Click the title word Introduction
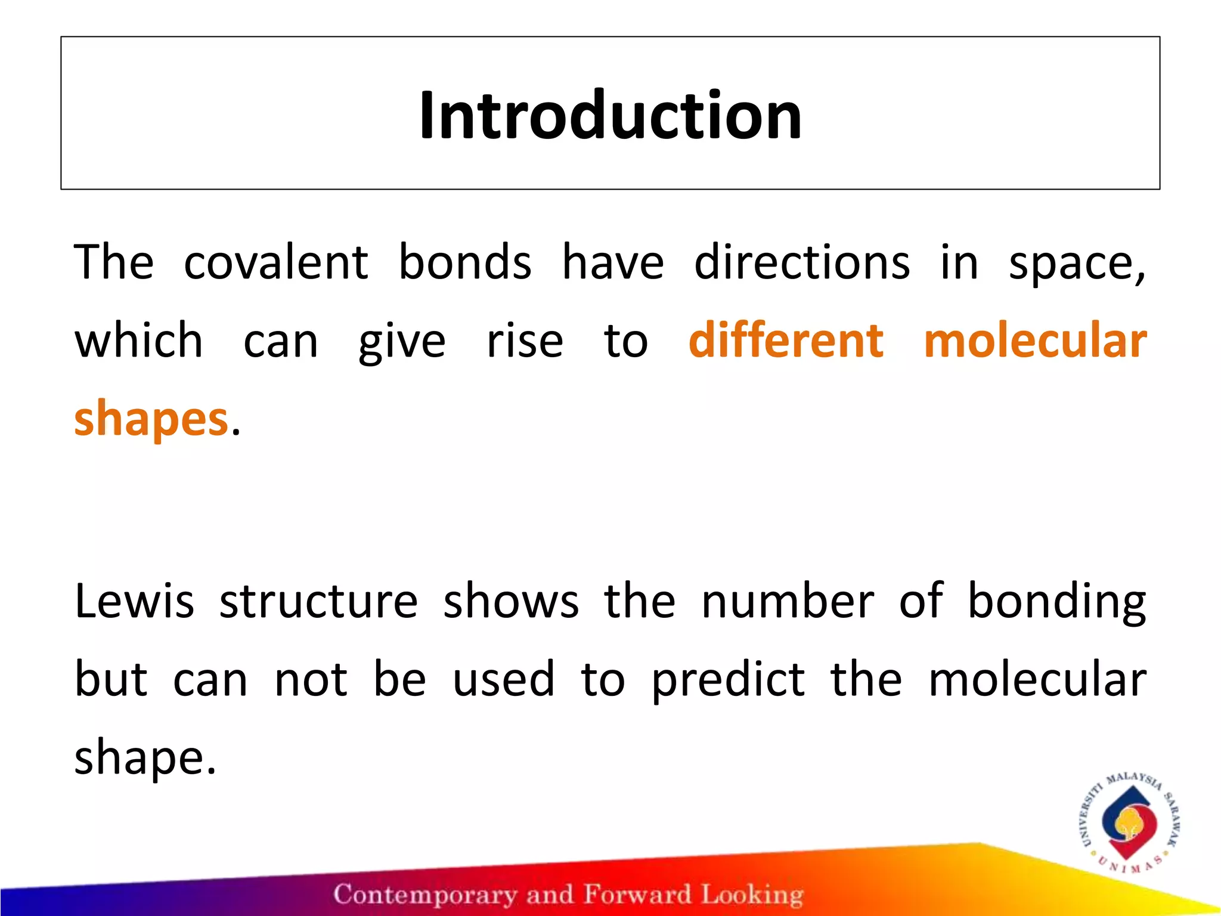point(610,114)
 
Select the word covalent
point(275,262)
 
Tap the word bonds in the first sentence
point(464,262)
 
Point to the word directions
point(802,262)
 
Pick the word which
point(138,340)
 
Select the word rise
point(525,341)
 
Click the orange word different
point(786,340)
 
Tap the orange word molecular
point(1035,340)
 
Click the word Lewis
point(135,601)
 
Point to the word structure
point(319,601)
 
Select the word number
point(788,601)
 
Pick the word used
point(504,680)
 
